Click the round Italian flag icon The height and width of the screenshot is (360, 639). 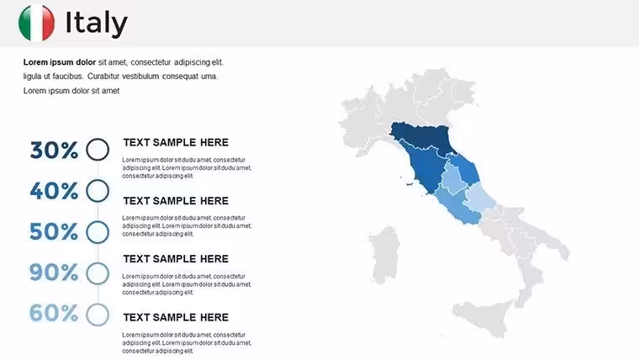point(36,23)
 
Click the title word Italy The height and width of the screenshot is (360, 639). point(97,24)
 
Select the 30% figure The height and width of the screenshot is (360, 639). point(54,150)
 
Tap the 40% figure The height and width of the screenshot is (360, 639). point(54,191)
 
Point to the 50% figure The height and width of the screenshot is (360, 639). point(54,231)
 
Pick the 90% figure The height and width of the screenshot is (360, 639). point(54,273)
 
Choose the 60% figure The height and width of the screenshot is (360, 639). point(54,313)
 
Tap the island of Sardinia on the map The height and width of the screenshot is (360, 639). point(384,255)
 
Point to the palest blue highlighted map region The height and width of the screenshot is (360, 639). point(478,198)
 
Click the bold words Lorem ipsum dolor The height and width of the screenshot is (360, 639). point(60,62)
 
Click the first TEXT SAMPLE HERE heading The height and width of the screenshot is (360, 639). point(176,142)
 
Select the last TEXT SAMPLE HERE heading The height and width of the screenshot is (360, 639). point(176,317)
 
